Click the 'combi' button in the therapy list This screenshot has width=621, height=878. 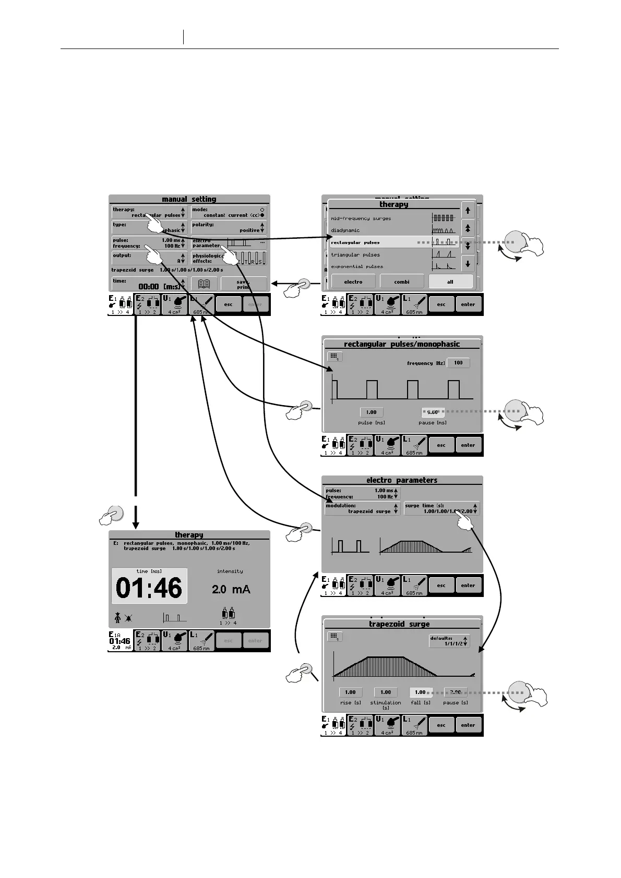(401, 282)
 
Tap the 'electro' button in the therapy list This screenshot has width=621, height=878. (353, 282)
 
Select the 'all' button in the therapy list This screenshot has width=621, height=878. (450, 282)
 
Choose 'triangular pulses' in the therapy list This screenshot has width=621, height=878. (355, 255)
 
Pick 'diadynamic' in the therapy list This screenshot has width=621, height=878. (345, 230)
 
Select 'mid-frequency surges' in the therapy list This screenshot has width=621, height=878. (361, 218)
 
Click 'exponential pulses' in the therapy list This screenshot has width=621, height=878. (357, 266)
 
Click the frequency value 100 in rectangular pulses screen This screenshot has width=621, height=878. (458, 363)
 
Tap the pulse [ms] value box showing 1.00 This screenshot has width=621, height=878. (371, 412)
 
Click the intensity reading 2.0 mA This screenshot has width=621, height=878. (231, 590)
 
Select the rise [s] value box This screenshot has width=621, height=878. (350, 692)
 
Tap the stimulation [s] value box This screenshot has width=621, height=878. (386, 692)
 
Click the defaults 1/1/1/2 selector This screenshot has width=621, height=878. (449, 641)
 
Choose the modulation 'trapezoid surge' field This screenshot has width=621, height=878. (362, 508)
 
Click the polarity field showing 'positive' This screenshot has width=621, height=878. (229, 227)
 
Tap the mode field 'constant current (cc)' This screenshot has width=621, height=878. (229, 212)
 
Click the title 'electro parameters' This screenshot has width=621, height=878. (402, 480)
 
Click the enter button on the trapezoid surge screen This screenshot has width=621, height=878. (468, 725)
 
